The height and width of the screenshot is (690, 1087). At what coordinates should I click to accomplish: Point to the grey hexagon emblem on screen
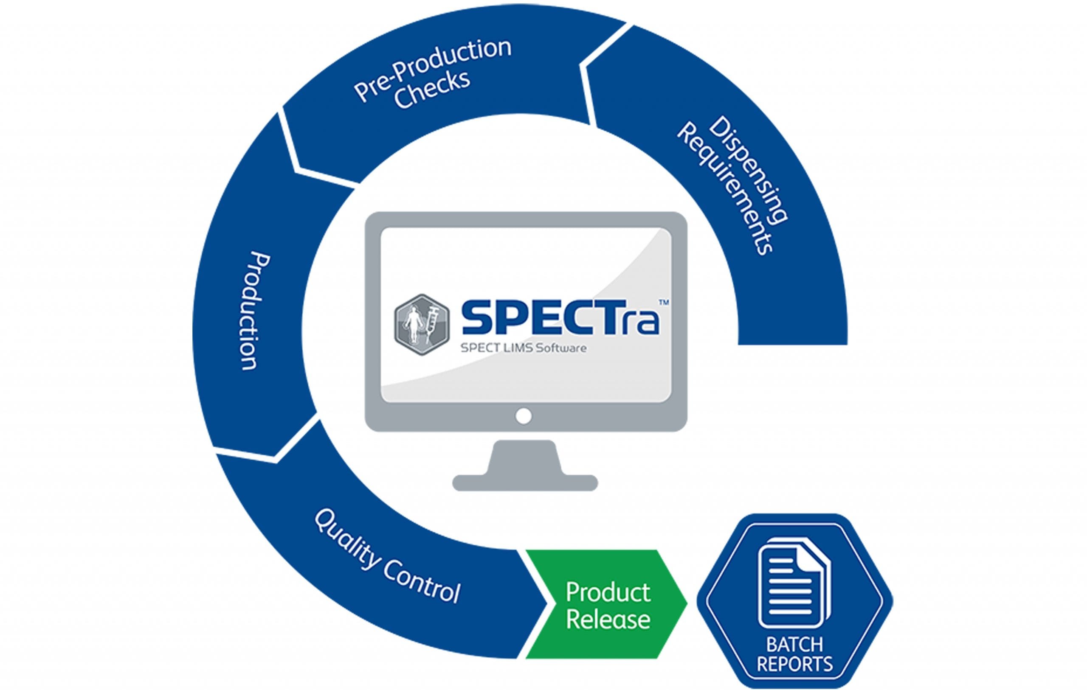click(422, 324)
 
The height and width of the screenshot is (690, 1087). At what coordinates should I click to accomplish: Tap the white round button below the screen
click(524, 415)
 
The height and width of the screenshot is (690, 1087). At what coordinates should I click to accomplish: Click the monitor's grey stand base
click(524, 482)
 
